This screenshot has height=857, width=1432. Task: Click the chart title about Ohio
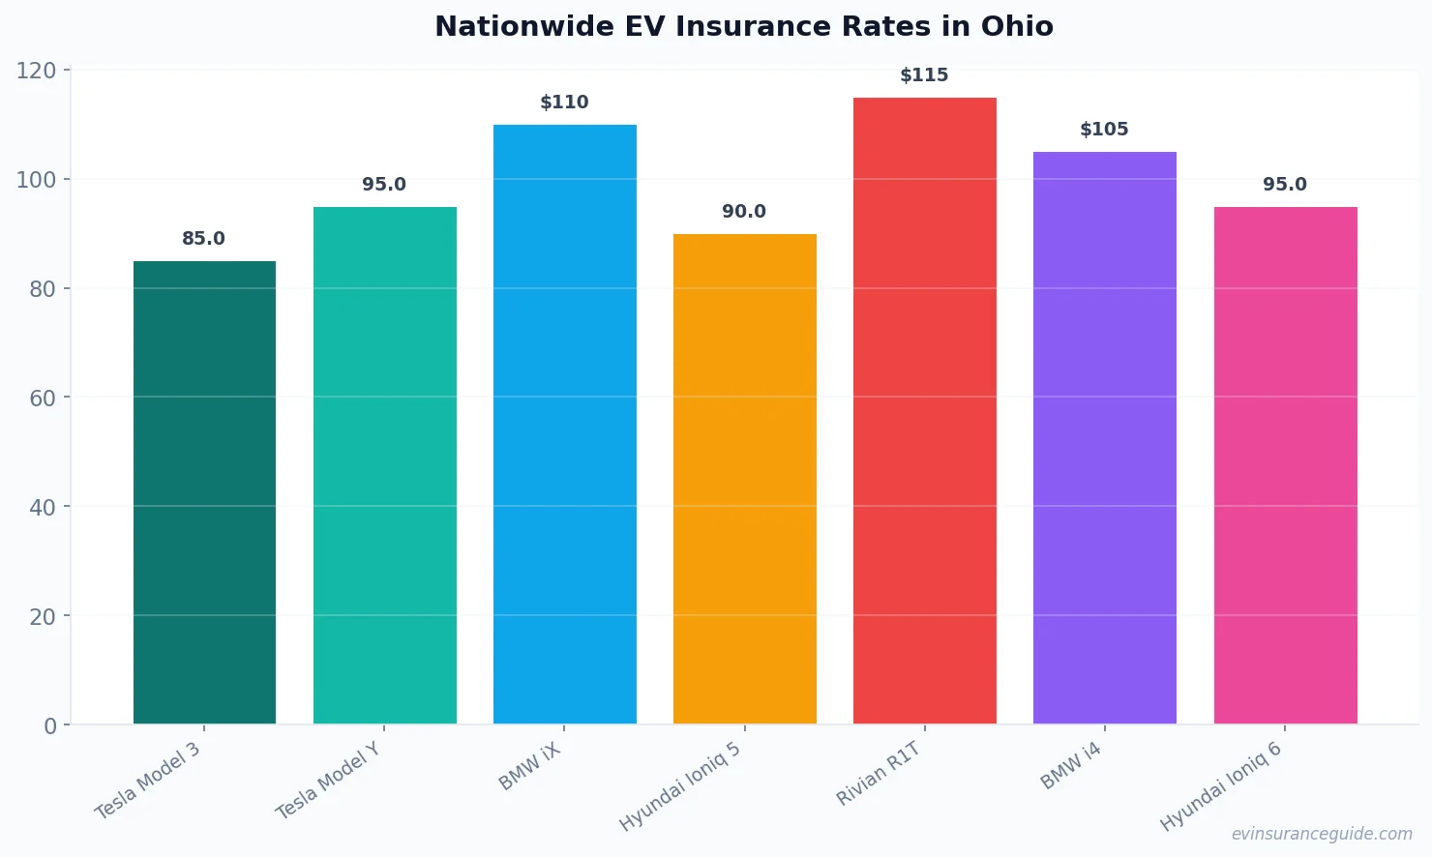(743, 26)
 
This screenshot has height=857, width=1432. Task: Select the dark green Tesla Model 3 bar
(204, 492)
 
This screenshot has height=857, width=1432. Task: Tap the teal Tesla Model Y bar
(384, 465)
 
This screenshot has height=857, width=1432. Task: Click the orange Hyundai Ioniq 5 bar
(744, 479)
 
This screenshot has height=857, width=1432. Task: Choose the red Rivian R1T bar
(924, 410)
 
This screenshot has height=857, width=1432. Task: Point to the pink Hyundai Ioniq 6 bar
(1285, 465)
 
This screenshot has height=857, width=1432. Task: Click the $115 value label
(924, 75)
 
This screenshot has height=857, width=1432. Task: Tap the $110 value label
(564, 103)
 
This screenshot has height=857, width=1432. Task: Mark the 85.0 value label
(203, 239)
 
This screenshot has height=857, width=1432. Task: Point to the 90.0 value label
(744, 212)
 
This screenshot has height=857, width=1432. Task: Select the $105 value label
(1104, 130)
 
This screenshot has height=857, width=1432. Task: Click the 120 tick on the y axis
(36, 71)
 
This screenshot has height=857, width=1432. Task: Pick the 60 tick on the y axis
(43, 398)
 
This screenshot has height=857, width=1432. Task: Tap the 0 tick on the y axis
(50, 725)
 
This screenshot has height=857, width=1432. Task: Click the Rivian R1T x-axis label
(879, 774)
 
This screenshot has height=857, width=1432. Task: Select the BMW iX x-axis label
(529, 767)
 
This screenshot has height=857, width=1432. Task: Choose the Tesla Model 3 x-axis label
(148, 782)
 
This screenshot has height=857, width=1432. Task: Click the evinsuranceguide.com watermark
(1321, 834)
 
